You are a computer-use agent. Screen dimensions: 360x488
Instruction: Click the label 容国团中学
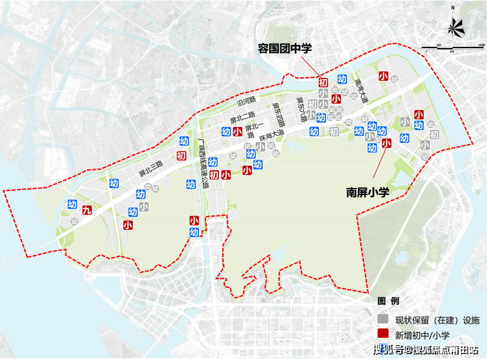pos(284,49)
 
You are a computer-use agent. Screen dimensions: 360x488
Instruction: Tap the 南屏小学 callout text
pos(367,192)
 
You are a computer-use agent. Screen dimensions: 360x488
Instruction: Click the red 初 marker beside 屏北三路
pos(181,156)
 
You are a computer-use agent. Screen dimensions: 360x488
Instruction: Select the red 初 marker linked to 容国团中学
pos(322,83)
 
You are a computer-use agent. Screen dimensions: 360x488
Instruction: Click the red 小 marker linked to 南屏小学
pos(386,143)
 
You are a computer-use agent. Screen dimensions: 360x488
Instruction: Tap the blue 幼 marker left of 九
pos(72,204)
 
